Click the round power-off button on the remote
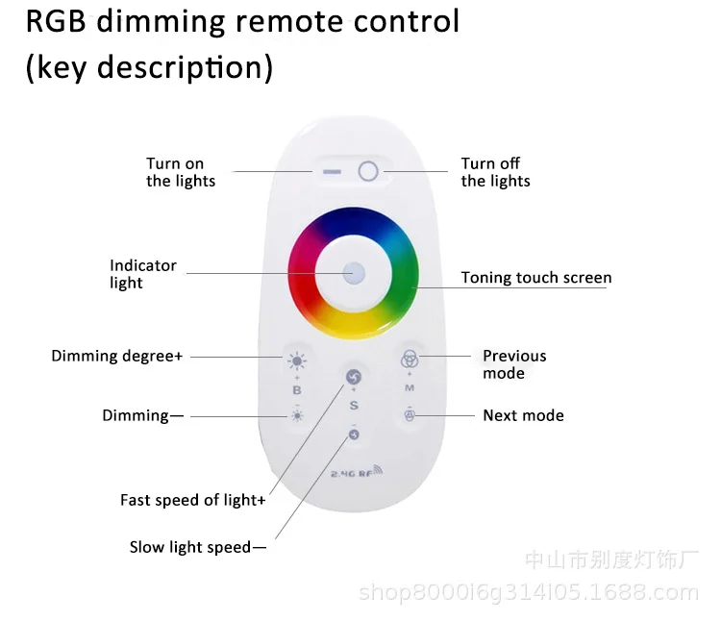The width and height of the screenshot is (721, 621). pyautogui.click(x=368, y=172)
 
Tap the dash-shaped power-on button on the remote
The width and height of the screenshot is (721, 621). pyautogui.click(x=333, y=172)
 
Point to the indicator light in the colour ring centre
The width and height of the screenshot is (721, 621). pyautogui.click(x=354, y=272)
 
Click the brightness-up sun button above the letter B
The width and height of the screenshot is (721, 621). pyautogui.click(x=297, y=362)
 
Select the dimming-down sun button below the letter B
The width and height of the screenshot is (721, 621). pyautogui.click(x=297, y=415)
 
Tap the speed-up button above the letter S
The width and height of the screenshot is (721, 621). pyautogui.click(x=353, y=377)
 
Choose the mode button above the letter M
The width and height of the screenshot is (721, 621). pyautogui.click(x=409, y=359)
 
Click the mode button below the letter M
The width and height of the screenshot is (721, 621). pyautogui.click(x=409, y=415)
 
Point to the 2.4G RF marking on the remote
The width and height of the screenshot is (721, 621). pyautogui.click(x=356, y=472)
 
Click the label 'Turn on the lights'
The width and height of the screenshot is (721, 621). pyautogui.click(x=181, y=172)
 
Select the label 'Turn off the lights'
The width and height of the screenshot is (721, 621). pyautogui.click(x=495, y=172)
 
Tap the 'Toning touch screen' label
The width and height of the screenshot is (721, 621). pyautogui.click(x=535, y=278)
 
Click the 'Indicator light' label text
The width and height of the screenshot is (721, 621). pyautogui.click(x=143, y=274)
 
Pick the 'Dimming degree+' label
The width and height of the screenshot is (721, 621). pyautogui.click(x=116, y=356)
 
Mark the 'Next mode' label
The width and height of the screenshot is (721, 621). pyautogui.click(x=523, y=415)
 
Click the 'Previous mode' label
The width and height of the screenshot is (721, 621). pyautogui.click(x=513, y=364)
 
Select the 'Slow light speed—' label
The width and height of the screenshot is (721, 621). pyautogui.click(x=198, y=547)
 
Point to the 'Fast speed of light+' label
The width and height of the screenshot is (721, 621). pyautogui.click(x=192, y=500)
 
